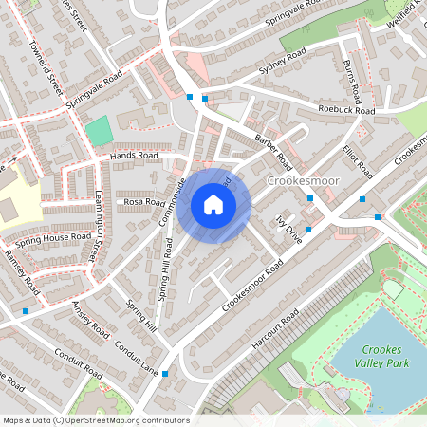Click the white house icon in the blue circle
(213, 205)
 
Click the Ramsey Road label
(20, 270)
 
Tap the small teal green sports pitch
(98, 131)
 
